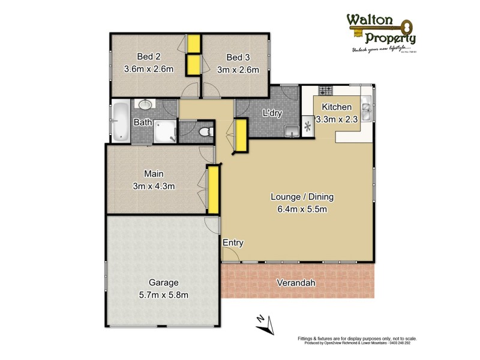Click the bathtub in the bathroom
tap(121, 122)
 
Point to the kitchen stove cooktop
tap(325, 92)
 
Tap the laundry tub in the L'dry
tap(292, 130)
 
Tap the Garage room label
tap(163, 283)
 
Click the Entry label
tap(233, 243)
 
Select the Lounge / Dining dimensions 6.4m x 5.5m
tap(302, 209)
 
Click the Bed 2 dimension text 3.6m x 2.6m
tap(148, 69)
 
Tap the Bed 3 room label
tap(238, 58)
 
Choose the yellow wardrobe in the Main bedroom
tap(212, 190)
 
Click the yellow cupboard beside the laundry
tap(242, 135)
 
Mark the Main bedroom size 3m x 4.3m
tap(154, 186)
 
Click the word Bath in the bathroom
tap(143, 123)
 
